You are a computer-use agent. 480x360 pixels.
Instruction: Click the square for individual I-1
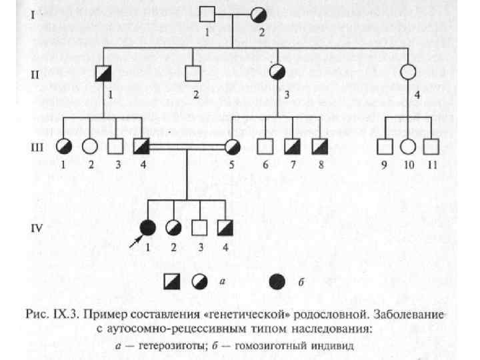tap(208, 15)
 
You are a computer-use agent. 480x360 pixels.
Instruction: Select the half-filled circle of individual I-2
tap(260, 15)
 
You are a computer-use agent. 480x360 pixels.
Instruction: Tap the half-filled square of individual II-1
tap(103, 74)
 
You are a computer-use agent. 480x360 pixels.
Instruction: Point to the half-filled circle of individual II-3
tap(278, 73)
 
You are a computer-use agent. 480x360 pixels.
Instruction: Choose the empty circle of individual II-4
tap(409, 73)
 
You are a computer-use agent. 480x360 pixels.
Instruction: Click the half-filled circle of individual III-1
tap(64, 145)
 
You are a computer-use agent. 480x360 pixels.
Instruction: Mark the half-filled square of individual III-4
tap(141, 145)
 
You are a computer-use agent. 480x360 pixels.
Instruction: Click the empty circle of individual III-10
tap(409, 145)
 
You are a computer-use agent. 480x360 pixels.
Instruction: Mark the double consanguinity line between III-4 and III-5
tap(187, 145)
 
